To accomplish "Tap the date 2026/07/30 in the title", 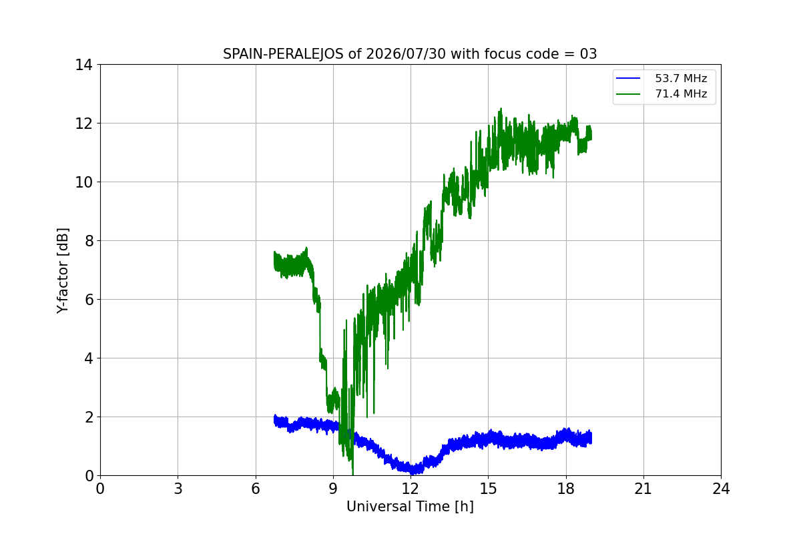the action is click(406, 54).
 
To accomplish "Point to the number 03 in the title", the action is click(588, 54).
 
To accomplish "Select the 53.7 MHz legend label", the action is click(681, 78).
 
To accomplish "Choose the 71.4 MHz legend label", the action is click(681, 93).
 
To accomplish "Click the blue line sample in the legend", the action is click(628, 78).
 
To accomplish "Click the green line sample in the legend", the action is click(628, 94).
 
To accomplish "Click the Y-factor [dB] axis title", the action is click(62, 270).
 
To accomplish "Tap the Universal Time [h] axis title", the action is click(410, 507).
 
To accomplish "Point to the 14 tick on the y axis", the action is click(83, 65).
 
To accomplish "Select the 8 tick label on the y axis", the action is click(88, 241).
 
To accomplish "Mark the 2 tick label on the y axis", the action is click(88, 417).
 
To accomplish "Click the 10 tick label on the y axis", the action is click(83, 182).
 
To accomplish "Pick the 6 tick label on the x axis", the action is click(255, 489).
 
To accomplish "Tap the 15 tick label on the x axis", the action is click(488, 489).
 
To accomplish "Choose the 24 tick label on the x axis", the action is click(721, 489).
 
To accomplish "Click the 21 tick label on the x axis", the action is click(643, 489).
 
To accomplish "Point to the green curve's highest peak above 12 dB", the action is click(501, 108).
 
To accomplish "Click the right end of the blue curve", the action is click(591, 438).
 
